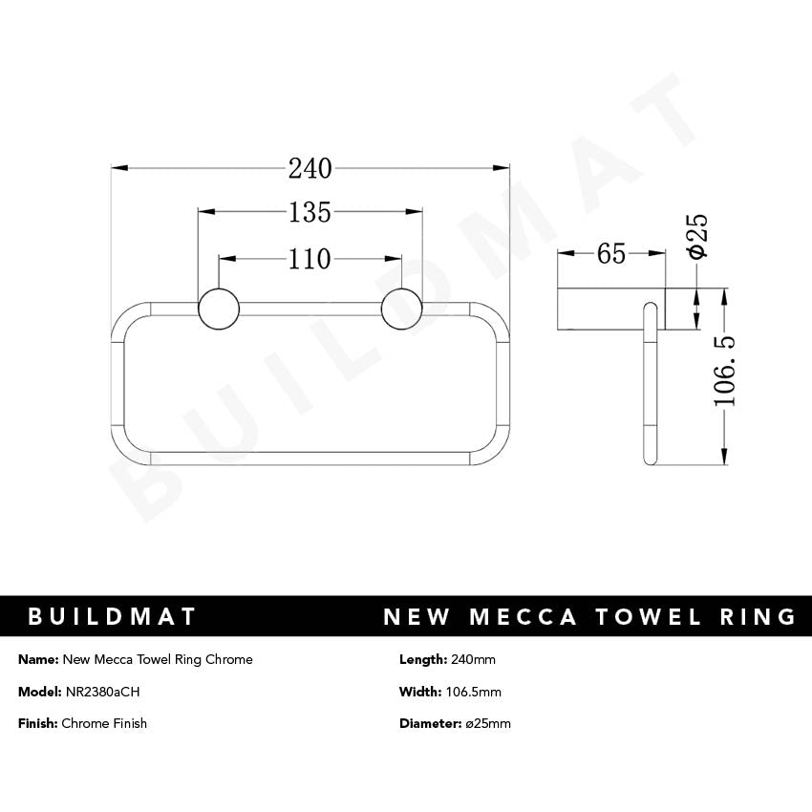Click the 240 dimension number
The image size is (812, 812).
pyautogui.click(x=310, y=169)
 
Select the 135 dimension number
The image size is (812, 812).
pyautogui.click(x=310, y=212)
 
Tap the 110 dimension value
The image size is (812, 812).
pyautogui.click(x=310, y=259)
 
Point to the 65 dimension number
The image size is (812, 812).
pyautogui.click(x=611, y=254)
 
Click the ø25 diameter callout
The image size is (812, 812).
pyautogui.click(x=697, y=235)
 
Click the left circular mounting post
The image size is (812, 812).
pyautogui.click(x=218, y=308)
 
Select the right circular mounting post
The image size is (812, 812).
pyautogui.click(x=401, y=308)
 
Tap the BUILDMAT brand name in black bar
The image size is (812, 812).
pyautogui.click(x=112, y=616)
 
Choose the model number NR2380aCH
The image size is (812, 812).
pyautogui.click(x=103, y=692)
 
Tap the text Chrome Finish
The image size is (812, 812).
pyautogui.click(x=104, y=723)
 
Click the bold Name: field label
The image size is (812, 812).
pyautogui.click(x=38, y=660)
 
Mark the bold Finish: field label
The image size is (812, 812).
pyautogui.click(x=38, y=723)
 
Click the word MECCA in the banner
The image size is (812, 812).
pyautogui.click(x=523, y=616)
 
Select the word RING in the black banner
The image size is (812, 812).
pyautogui.click(x=757, y=616)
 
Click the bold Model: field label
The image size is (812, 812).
pyautogui.click(x=39, y=692)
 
